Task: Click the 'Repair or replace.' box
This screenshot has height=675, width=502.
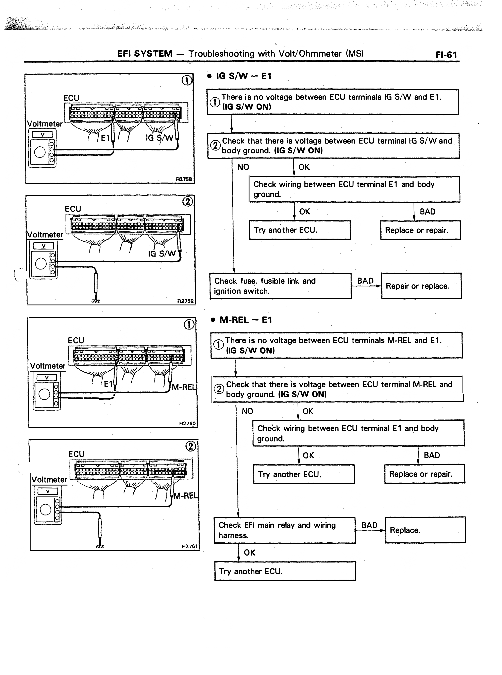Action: [x=421, y=286]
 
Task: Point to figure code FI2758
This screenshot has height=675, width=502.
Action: [x=184, y=179]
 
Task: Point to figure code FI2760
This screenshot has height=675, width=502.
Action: [x=187, y=423]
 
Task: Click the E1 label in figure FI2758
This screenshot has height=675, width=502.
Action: [x=105, y=138]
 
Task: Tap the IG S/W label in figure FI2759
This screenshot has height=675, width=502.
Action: [x=162, y=254]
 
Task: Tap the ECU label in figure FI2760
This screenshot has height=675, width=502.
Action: [x=76, y=341]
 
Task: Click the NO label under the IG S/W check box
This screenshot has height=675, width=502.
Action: [x=243, y=167]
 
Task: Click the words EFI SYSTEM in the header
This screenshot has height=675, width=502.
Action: [x=145, y=54]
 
